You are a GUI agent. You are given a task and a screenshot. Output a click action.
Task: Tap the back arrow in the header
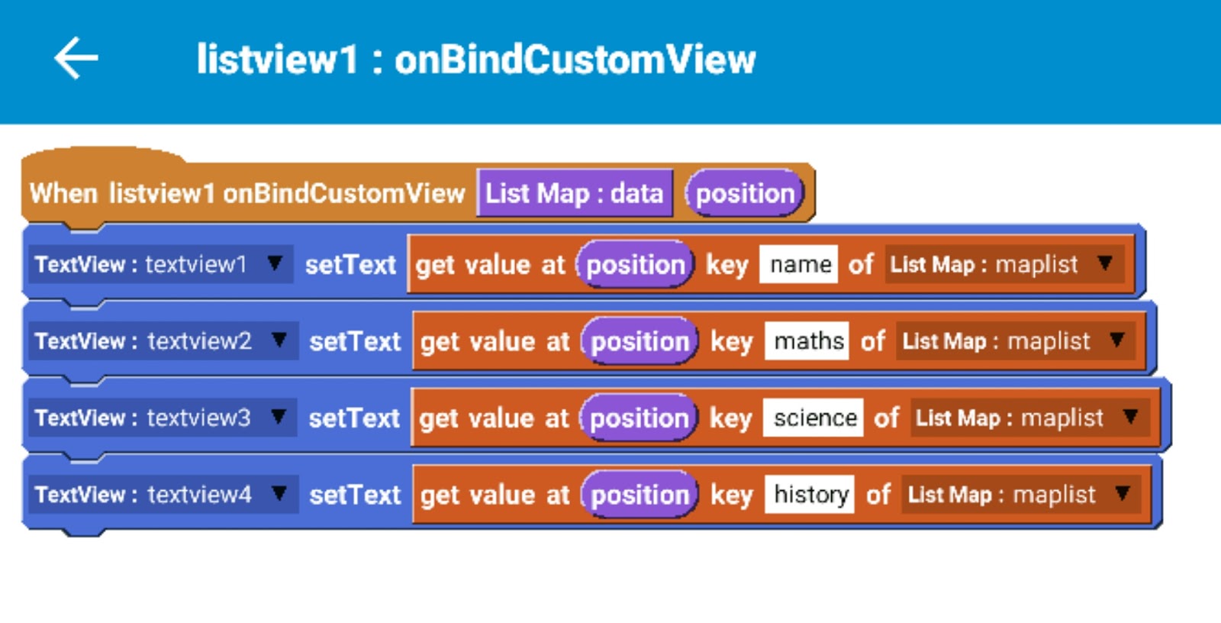coord(76,58)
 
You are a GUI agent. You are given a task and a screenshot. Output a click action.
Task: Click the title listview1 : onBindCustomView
coord(475,60)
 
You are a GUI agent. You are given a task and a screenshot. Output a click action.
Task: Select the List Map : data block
coord(574,193)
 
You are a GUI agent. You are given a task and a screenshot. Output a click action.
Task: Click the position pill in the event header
coord(744,193)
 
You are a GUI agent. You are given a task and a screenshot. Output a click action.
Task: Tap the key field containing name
coord(799,265)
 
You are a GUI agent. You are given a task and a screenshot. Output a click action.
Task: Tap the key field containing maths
coord(807,341)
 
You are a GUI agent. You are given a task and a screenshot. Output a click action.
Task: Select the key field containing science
coord(813,418)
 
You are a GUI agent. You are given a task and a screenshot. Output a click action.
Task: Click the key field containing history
coord(810,495)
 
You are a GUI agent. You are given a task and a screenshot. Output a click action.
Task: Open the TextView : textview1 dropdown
coord(159,264)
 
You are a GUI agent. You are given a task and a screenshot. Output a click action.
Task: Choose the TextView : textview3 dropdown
coord(161,418)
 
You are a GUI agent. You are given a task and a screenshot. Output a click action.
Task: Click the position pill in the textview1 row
coord(635,265)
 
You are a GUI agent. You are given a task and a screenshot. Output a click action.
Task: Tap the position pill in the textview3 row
coord(639,418)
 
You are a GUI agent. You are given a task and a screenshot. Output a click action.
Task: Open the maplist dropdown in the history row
coord(1020,495)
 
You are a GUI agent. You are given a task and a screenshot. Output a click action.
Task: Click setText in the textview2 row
coord(355,341)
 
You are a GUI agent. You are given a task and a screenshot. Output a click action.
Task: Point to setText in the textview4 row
coord(355,495)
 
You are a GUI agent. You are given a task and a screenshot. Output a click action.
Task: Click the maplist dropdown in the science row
coord(1029,418)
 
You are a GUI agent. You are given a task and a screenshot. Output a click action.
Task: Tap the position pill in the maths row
coord(639,341)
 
